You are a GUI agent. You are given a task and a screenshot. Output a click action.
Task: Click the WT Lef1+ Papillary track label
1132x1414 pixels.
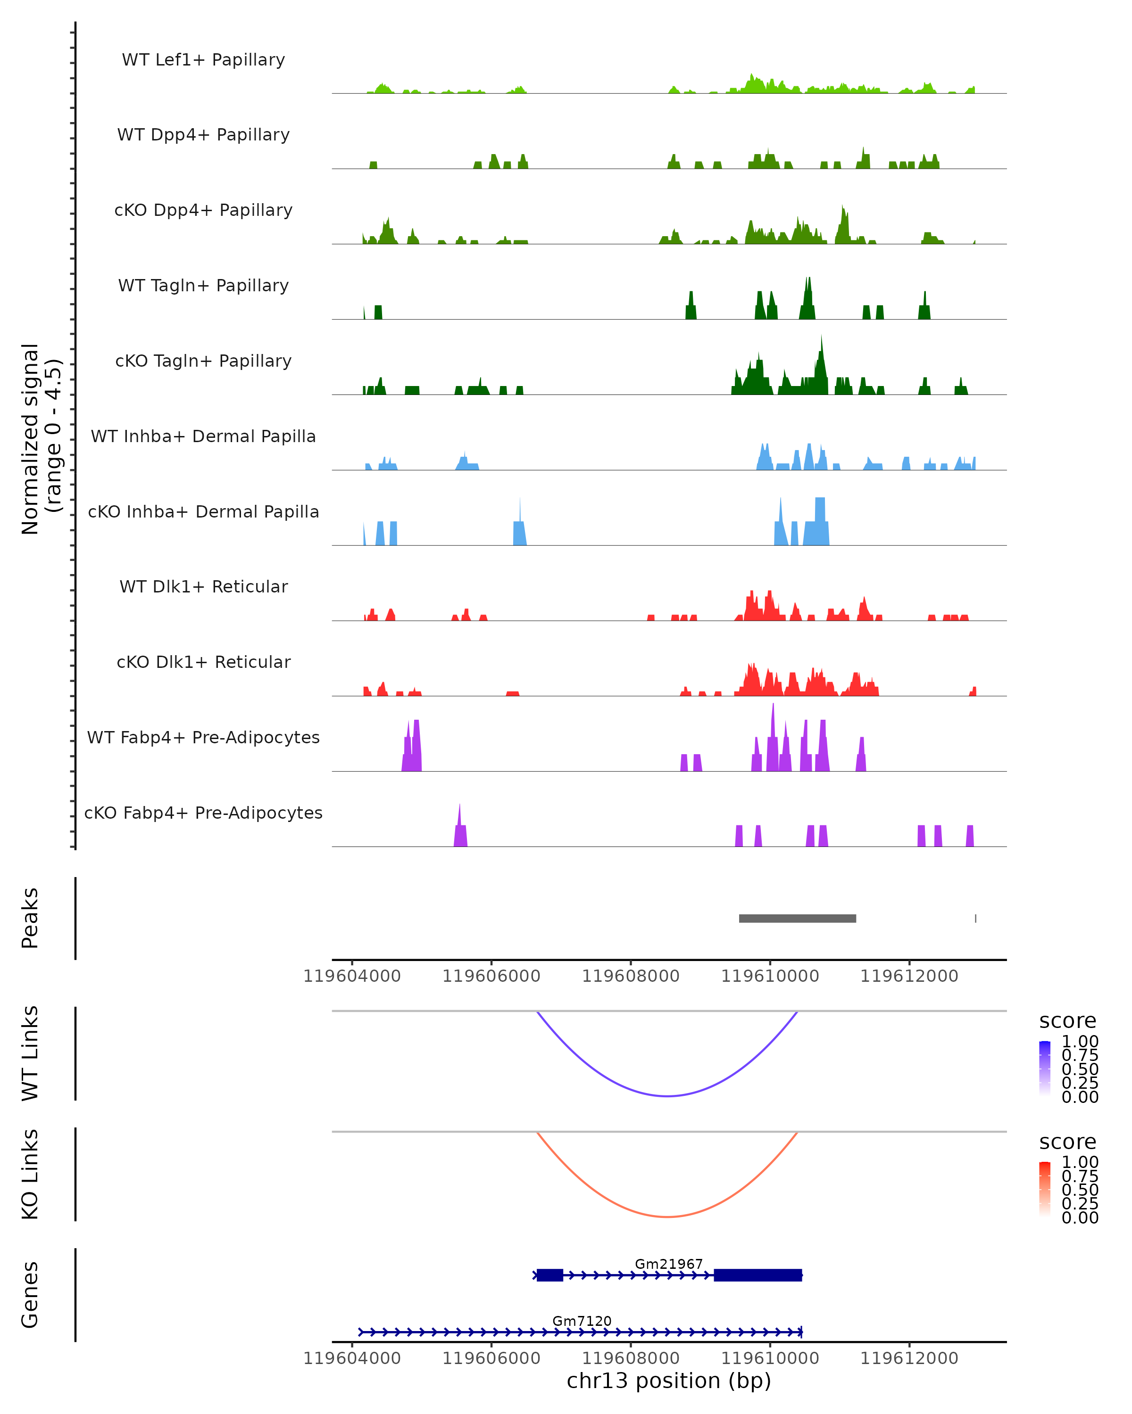(x=203, y=60)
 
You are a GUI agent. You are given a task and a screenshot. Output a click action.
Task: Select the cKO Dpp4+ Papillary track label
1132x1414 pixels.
(x=203, y=211)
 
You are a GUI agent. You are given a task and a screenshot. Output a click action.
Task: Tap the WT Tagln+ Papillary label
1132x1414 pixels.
(x=203, y=286)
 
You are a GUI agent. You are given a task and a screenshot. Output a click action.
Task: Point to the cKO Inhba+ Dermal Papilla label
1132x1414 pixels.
(x=203, y=512)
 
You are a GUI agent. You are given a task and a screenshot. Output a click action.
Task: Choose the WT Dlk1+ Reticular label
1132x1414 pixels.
(x=203, y=587)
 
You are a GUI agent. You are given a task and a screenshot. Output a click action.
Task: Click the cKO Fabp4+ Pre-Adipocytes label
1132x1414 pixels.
(x=203, y=813)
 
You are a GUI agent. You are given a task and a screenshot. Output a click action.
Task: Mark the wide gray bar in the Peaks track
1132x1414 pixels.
(x=797, y=919)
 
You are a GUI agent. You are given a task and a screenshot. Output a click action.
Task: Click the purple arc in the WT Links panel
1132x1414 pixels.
(x=667, y=1096)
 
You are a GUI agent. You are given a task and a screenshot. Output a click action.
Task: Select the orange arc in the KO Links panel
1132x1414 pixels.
(x=667, y=1217)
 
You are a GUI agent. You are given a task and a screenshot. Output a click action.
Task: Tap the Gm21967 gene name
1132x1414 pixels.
(x=669, y=1264)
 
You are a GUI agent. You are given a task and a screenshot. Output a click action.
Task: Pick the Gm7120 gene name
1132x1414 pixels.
(x=582, y=1321)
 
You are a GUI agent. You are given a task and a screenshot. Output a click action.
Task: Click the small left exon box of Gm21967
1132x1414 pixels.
(x=550, y=1275)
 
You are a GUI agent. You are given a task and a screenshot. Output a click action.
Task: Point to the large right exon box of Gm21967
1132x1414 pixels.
(x=758, y=1275)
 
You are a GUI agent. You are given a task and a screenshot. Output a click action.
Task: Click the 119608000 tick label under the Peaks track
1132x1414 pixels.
(x=631, y=977)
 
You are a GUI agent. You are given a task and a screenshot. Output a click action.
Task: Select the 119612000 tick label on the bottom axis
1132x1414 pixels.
(x=909, y=1358)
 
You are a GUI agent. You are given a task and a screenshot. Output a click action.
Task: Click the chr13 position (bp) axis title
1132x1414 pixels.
(x=669, y=1381)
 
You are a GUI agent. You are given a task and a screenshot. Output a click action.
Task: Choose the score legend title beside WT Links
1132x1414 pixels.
(x=1068, y=1021)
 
